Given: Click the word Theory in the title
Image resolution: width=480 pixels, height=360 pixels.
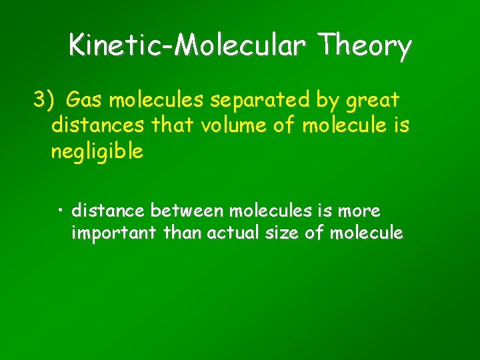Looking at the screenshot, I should tap(365, 47).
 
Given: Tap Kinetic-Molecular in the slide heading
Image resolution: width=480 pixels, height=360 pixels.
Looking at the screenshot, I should tap(189, 47).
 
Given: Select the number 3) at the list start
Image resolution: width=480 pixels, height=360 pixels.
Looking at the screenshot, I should tap(44, 101).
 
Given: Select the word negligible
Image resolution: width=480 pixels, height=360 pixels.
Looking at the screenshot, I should tap(97, 151).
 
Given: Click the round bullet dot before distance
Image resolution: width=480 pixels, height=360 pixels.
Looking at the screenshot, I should tap(60, 211).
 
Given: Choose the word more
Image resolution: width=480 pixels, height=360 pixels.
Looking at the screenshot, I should tap(359, 211).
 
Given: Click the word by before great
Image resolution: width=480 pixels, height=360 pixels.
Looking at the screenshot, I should tap(325, 101).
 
